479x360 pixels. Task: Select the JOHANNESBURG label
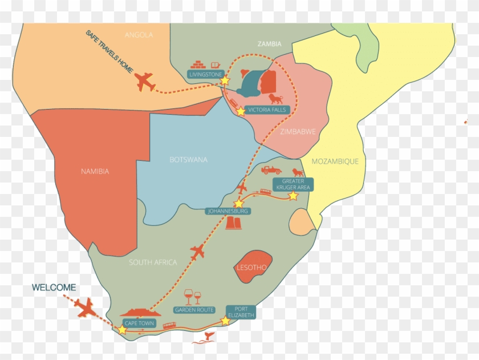coord(228,211)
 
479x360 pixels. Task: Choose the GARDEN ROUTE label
coord(194,310)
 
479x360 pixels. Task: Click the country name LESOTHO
coord(251,267)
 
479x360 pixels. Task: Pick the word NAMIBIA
coord(95,171)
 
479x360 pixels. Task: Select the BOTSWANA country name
coord(188,160)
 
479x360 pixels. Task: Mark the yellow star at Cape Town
coord(122,330)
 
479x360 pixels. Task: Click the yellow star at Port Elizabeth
coord(225,321)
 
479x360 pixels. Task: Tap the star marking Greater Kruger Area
coord(293,196)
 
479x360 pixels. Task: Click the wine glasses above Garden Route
coord(193,297)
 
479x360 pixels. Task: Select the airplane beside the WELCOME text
coord(86,308)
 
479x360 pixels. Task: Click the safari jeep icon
coord(271,170)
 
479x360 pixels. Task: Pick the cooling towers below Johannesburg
coord(234,223)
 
